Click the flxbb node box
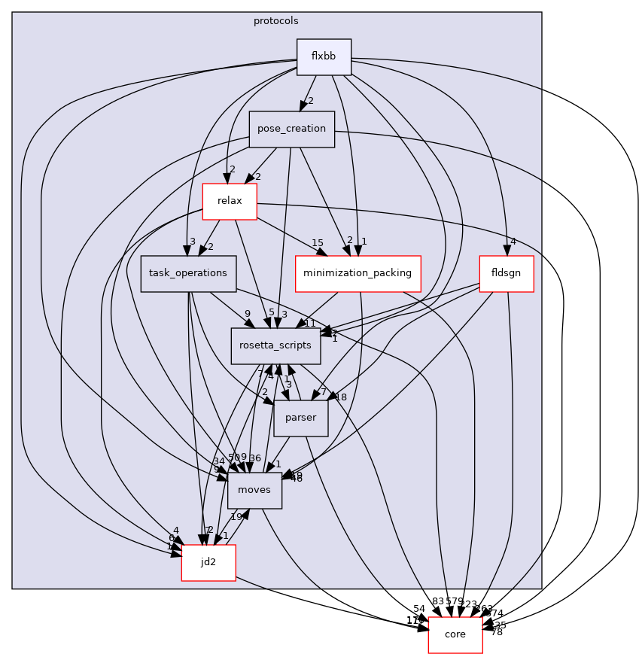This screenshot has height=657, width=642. (x=324, y=57)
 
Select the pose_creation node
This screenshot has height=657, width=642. (x=291, y=129)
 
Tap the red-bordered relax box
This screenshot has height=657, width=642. (x=229, y=202)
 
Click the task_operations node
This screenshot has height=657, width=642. (x=188, y=274)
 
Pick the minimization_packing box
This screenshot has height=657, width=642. (x=358, y=274)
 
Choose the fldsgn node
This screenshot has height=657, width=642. (x=507, y=274)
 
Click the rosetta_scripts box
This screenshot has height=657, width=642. (x=276, y=346)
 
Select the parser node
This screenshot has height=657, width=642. (x=301, y=418)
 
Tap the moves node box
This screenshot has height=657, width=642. (x=254, y=491)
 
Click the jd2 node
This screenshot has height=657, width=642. (x=208, y=563)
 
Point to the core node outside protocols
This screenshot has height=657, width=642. (x=455, y=634)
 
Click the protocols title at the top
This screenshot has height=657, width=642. (x=276, y=21)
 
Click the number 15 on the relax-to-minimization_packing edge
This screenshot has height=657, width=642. (x=318, y=242)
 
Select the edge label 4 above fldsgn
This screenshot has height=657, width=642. (x=513, y=242)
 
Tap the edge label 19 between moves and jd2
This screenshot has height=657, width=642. (x=235, y=517)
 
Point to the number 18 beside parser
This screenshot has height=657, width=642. (x=341, y=397)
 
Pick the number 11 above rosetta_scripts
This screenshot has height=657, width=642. (x=309, y=323)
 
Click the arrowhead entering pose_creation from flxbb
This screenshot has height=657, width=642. (x=303, y=106)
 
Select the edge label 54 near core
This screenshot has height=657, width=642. (x=419, y=608)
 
